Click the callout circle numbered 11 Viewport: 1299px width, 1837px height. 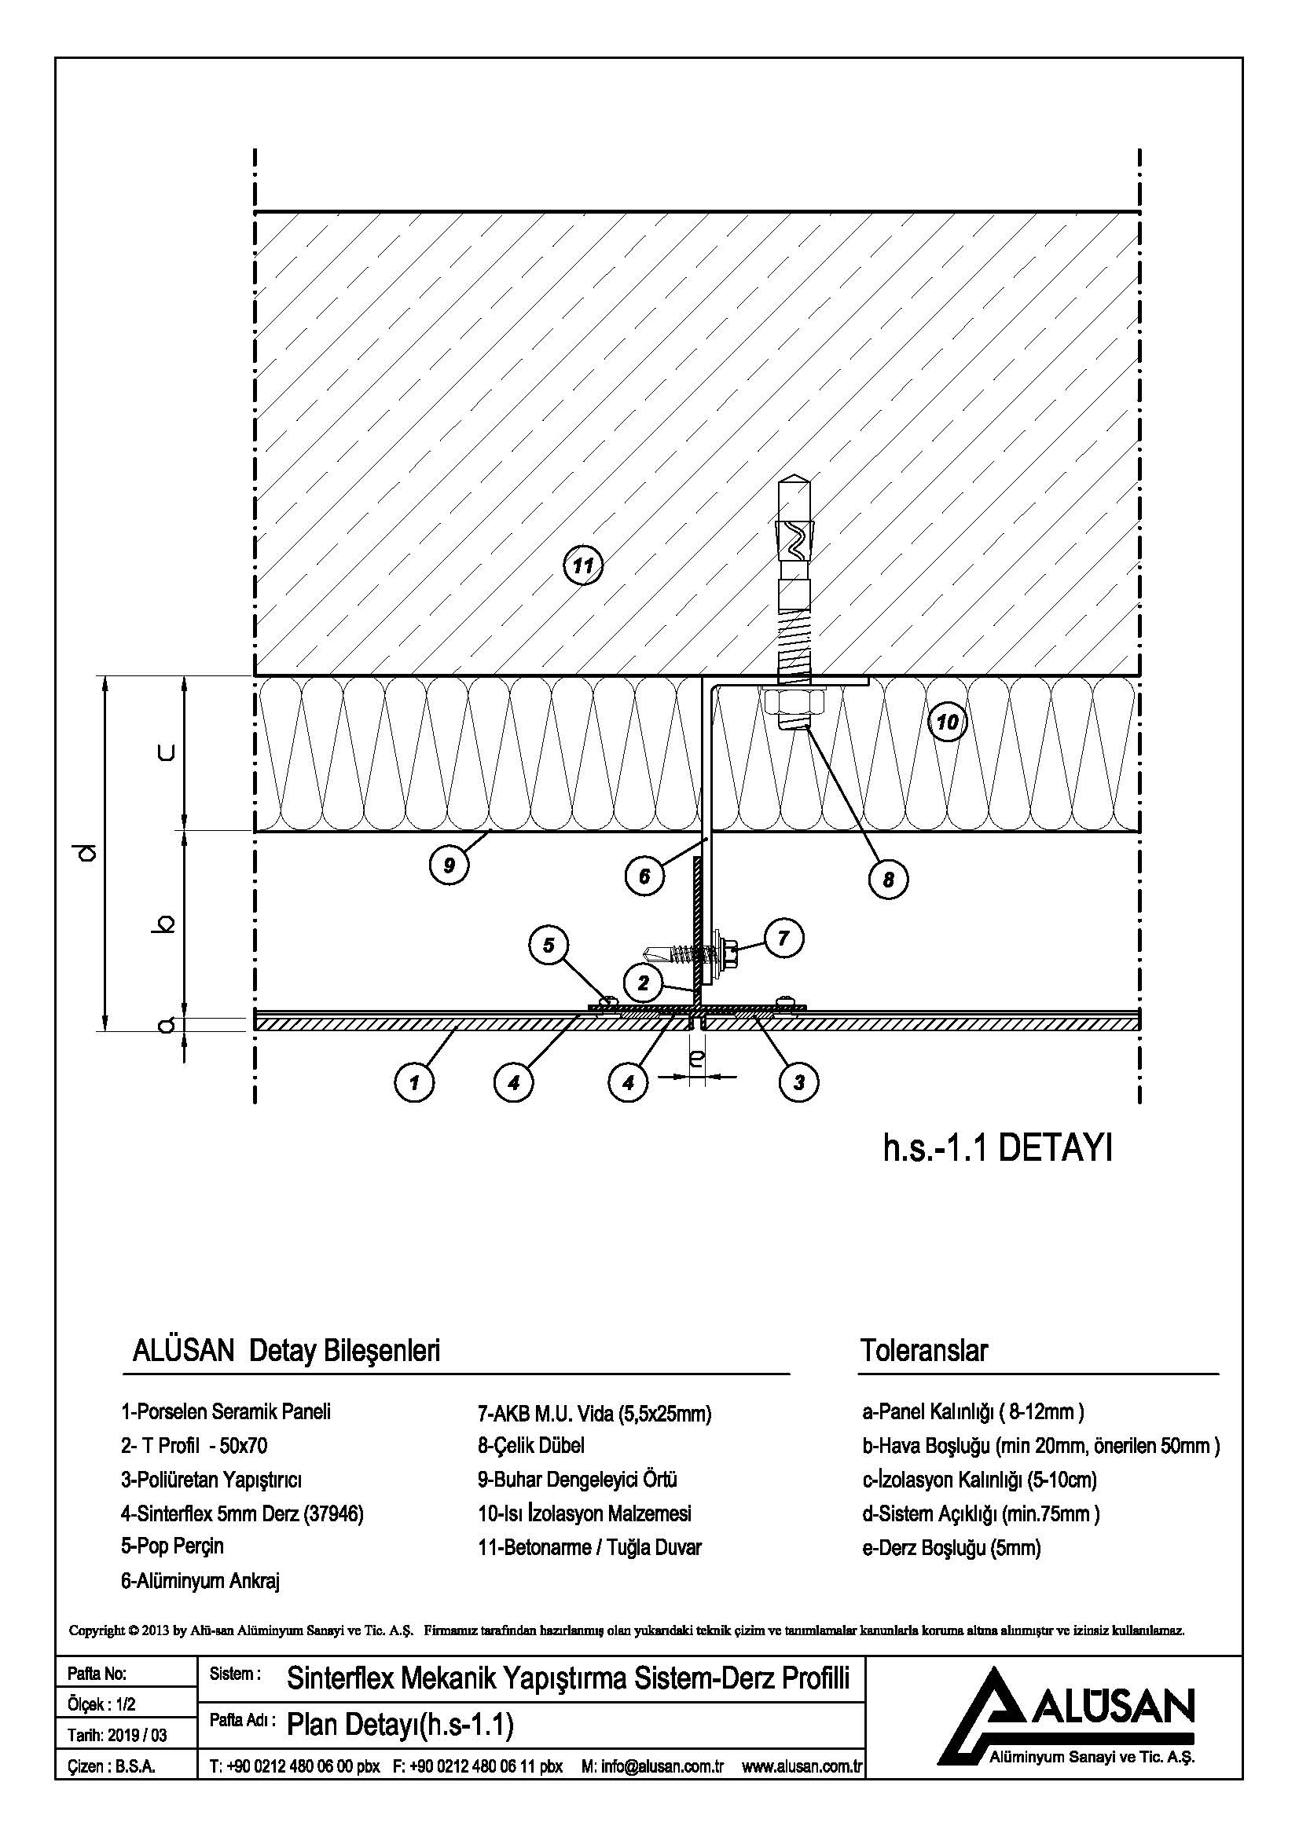(582, 565)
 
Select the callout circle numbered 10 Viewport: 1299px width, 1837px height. (947, 723)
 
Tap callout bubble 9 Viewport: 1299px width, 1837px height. (449, 865)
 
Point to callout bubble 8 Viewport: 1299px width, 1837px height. (889, 880)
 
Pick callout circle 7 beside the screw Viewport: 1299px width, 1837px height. (783, 938)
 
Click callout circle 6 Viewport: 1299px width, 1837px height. (644, 877)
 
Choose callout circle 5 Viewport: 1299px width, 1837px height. (549, 945)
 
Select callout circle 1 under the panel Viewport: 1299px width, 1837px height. (414, 1082)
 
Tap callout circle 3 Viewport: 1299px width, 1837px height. (798, 1082)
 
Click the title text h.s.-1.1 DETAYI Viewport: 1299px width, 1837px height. (997, 1151)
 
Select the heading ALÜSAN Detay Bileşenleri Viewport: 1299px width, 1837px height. (286, 1352)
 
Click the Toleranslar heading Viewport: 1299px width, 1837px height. (923, 1351)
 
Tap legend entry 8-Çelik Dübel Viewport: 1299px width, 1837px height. (530, 1445)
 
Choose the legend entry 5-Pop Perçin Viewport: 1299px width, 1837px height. (172, 1546)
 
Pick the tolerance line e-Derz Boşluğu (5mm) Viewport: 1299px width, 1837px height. (951, 1547)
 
